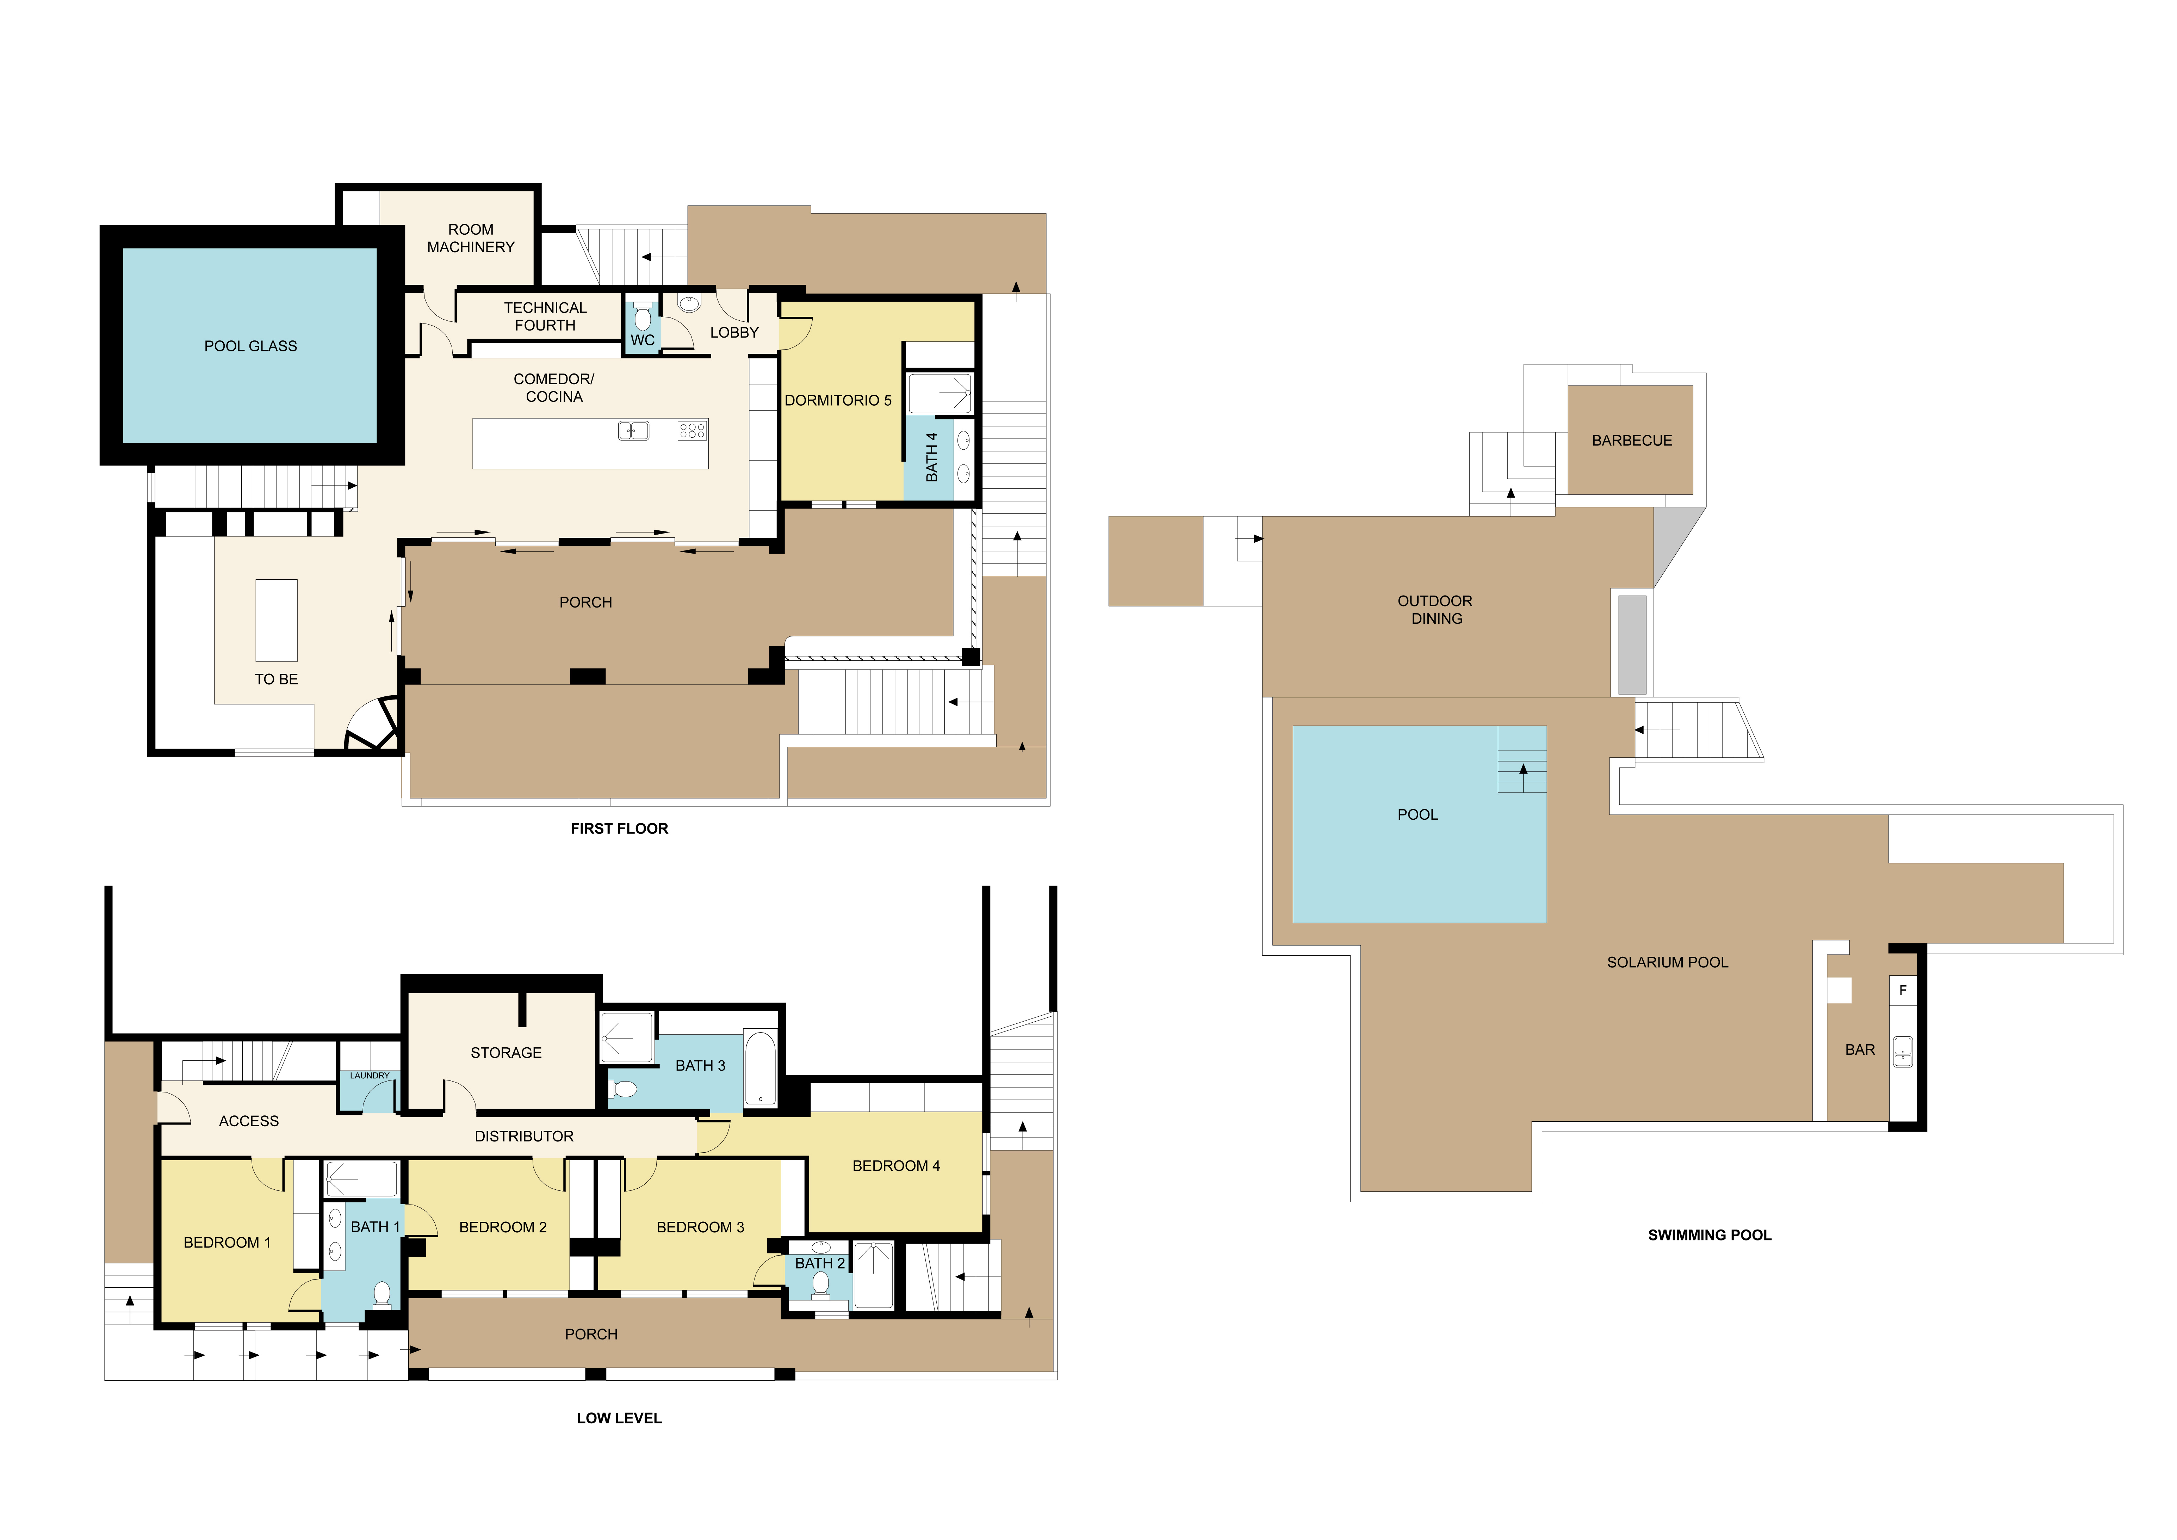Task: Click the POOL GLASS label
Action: (x=250, y=346)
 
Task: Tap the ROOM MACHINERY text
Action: (x=470, y=238)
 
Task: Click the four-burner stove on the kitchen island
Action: (x=692, y=431)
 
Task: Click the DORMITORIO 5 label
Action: (x=837, y=400)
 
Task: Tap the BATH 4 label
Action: (x=931, y=457)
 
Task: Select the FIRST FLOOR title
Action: (x=619, y=829)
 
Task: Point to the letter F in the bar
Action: (x=1902, y=990)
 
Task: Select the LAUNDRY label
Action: (x=369, y=1075)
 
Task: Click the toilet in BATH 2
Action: (x=821, y=1285)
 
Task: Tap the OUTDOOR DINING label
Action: (x=1435, y=610)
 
